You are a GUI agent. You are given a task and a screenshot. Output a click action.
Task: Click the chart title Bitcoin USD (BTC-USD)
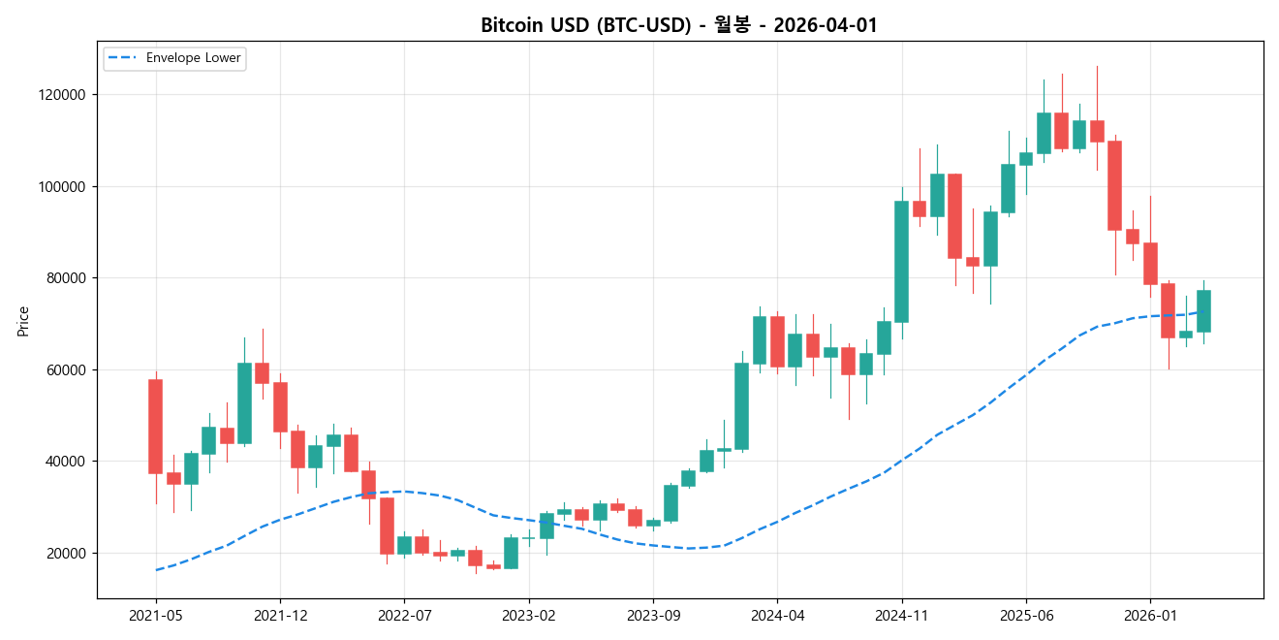coord(678,25)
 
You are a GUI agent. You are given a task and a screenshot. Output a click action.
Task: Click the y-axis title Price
coord(23,321)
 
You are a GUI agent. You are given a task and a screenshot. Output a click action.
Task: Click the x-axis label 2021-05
coord(156,615)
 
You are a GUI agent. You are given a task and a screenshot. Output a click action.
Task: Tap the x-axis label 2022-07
coord(404,615)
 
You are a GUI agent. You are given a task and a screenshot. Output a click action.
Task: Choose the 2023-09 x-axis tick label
coord(653,615)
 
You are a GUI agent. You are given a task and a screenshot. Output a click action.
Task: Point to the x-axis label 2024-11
coord(901,615)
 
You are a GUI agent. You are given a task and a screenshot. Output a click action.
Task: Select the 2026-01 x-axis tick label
coord(1150,615)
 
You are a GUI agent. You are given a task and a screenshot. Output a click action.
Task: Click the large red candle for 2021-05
coord(155,427)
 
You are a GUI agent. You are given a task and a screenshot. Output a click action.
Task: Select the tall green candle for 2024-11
coord(901,262)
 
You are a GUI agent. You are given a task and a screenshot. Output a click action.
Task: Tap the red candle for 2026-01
coord(1150,264)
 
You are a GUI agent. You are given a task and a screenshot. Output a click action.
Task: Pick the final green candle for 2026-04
coord(1203,311)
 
